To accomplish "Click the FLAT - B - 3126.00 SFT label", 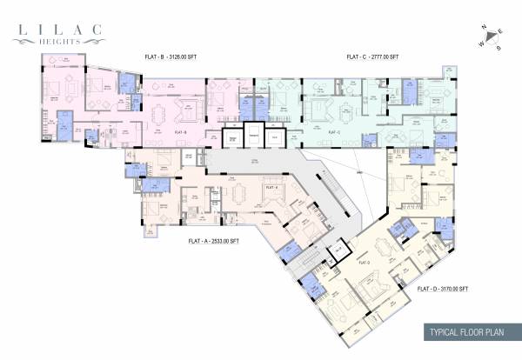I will tap(170, 57).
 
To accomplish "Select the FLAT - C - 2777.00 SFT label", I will tap(372, 57).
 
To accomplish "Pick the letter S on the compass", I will tap(499, 49).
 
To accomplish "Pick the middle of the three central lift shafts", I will tap(253, 137).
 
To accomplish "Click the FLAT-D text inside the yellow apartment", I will tap(364, 262).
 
